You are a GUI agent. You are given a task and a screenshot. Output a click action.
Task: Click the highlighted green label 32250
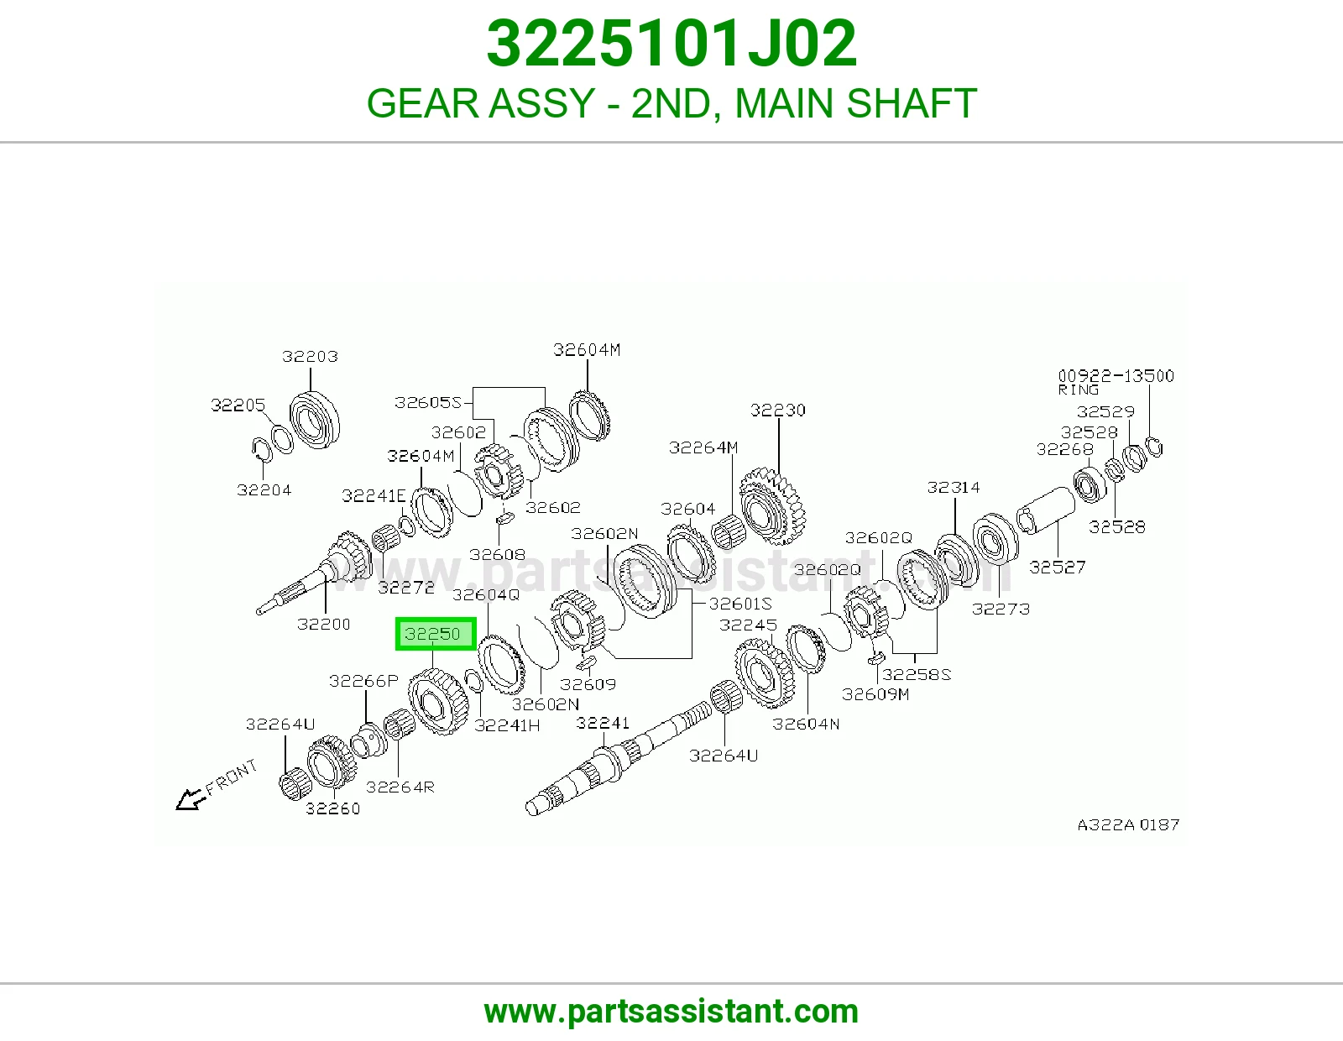(436, 634)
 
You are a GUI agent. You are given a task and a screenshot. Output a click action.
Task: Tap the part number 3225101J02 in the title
(671, 44)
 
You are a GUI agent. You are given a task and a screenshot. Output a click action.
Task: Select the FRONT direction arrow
(191, 799)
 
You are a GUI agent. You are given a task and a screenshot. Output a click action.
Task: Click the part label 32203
(310, 356)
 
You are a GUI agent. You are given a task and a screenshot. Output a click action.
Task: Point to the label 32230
(777, 410)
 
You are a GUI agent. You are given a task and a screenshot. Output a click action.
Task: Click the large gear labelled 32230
(772, 505)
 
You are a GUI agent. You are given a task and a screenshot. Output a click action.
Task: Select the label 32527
(1057, 567)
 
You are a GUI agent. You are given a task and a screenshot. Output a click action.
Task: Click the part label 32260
(332, 808)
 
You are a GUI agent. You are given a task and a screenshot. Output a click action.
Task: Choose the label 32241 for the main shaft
(602, 723)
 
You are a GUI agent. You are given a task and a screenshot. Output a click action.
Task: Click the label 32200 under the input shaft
(323, 624)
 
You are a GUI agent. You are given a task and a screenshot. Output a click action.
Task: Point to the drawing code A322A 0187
(1128, 824)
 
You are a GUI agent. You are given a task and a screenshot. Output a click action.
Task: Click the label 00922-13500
(1116, 376)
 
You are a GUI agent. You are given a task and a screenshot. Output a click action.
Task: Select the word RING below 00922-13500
(1078, 390)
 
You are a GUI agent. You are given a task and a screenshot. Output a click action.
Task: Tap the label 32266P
(363, 681)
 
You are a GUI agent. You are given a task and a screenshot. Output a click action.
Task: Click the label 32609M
(875, 694)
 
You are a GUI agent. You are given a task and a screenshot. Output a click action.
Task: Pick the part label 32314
(953, 487)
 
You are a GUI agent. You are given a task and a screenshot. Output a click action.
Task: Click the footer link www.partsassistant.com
(671, 1012)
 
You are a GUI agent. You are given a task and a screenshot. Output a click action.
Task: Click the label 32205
(238, 405)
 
